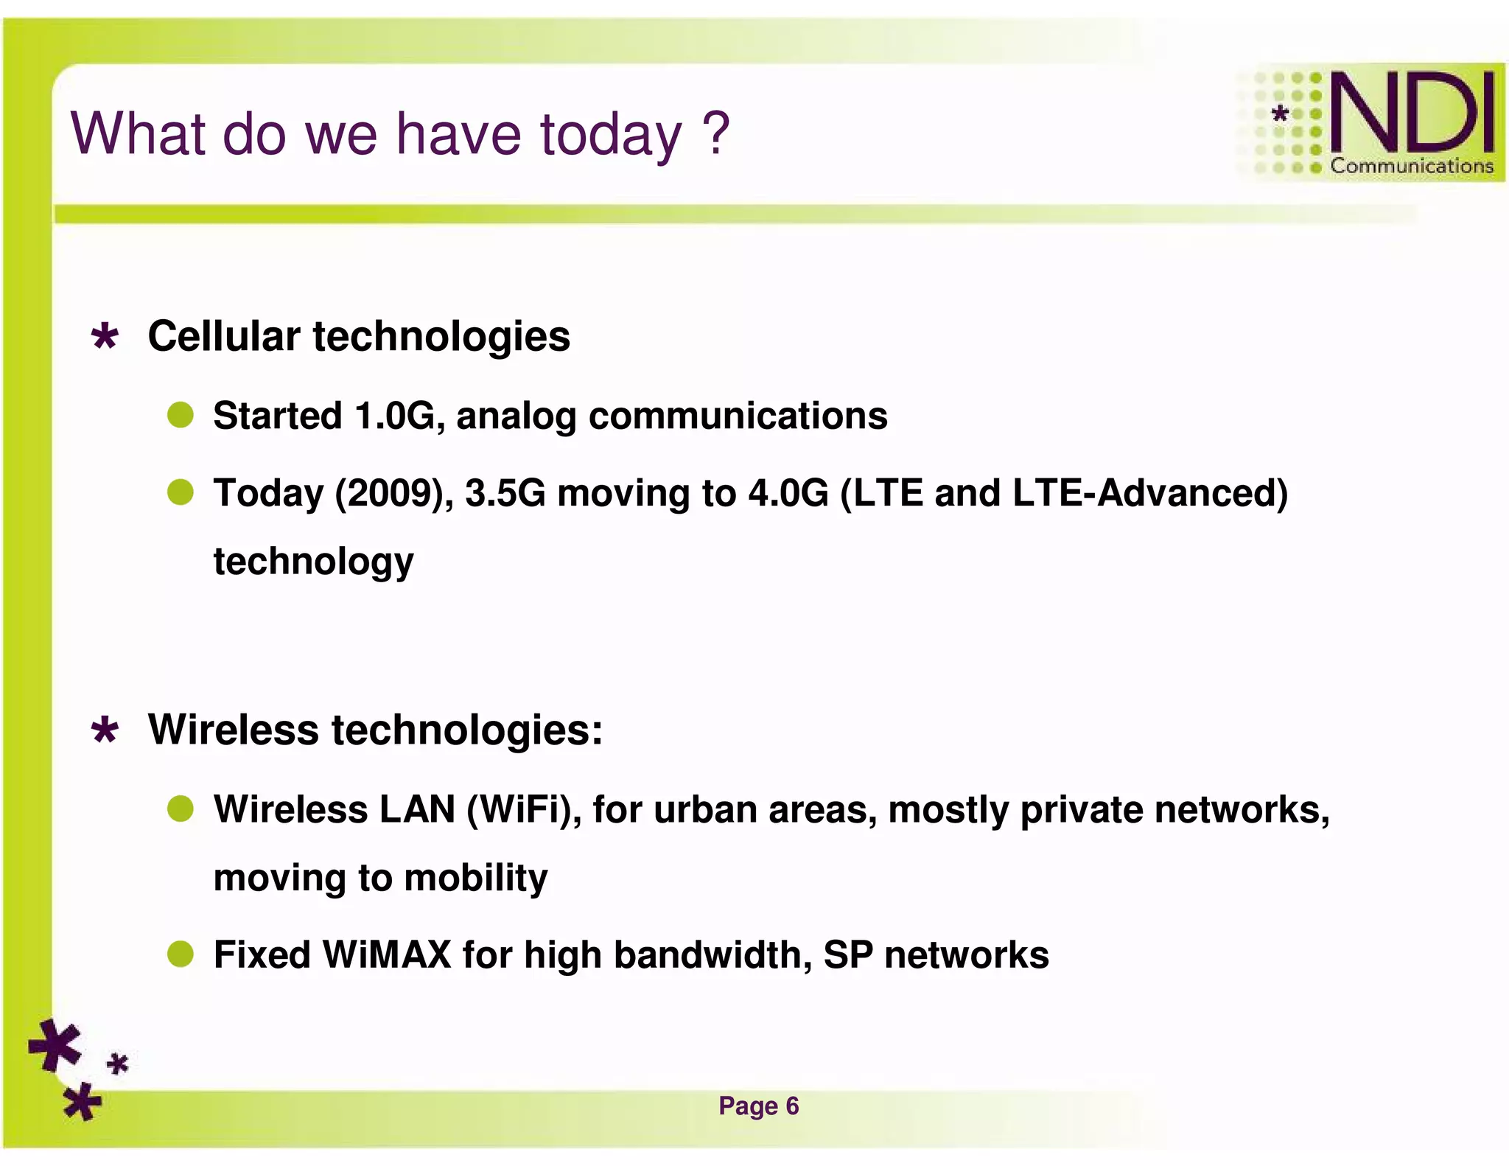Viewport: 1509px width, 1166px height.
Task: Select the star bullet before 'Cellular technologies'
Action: pyautogui.click(x=105, y=337)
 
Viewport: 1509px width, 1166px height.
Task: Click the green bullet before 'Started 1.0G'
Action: pyautogui.click(x=181, y=415)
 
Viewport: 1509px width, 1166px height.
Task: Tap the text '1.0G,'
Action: pyautogui.click(x=399, y=416)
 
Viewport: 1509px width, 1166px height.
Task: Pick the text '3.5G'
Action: pyautogui.click(x=505, y=493)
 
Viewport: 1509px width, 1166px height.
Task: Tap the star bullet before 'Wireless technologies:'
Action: pyautogui.click(x=105, y=730)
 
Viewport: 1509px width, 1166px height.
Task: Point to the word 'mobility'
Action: pyautogui.click(x=475, y=878)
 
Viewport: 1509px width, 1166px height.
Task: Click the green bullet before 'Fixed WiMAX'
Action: pyautogui.click(x=181, y=954)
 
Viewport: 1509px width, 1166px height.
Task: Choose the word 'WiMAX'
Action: pyautogui.click(x=386, y=954)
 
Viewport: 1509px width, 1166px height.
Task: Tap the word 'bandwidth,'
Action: pyautogui.click(x=713, y=954)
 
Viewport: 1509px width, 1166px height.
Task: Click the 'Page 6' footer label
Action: pyautogui.click(x=758, y=1106)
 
